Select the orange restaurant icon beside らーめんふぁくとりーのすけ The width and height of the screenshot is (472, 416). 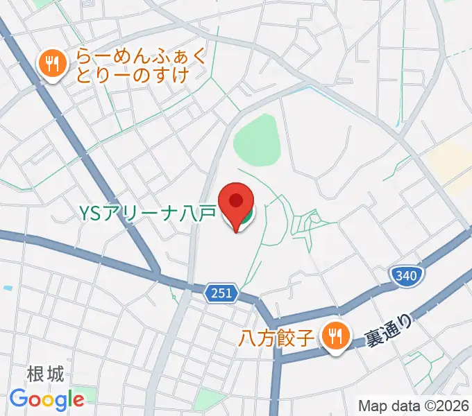[x=51, y=66]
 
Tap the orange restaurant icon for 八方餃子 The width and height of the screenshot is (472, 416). [x=336, y=338]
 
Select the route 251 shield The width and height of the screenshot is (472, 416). [x=221, y=294]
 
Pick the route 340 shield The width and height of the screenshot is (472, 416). [x=405, y=277]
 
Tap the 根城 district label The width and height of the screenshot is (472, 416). [x=46, y=375]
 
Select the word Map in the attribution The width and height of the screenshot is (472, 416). [x=372, y=406]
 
